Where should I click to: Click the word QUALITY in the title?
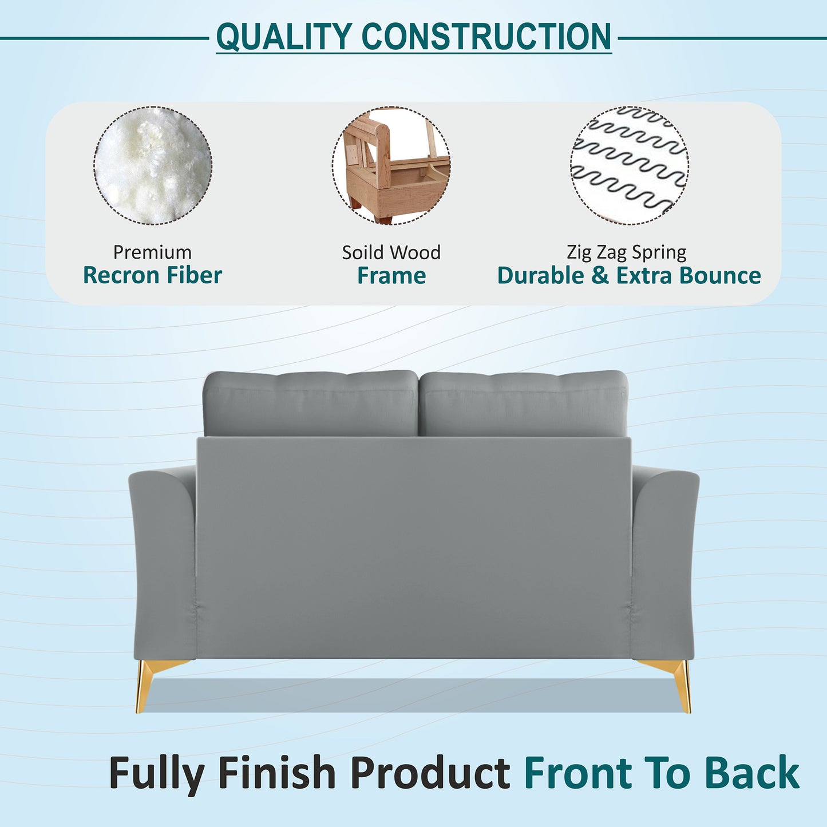284,37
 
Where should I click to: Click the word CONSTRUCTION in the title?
486,37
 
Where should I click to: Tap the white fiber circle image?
153,165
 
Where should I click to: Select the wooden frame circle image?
391,165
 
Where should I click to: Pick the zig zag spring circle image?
630,165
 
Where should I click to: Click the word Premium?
152,252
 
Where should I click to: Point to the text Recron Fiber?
152,276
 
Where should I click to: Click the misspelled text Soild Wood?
391,252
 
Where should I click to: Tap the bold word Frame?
391,276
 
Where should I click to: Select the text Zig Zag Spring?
627,252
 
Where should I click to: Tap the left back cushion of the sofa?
311,403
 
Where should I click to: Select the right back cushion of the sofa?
523,403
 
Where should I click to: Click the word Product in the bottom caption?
430,773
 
